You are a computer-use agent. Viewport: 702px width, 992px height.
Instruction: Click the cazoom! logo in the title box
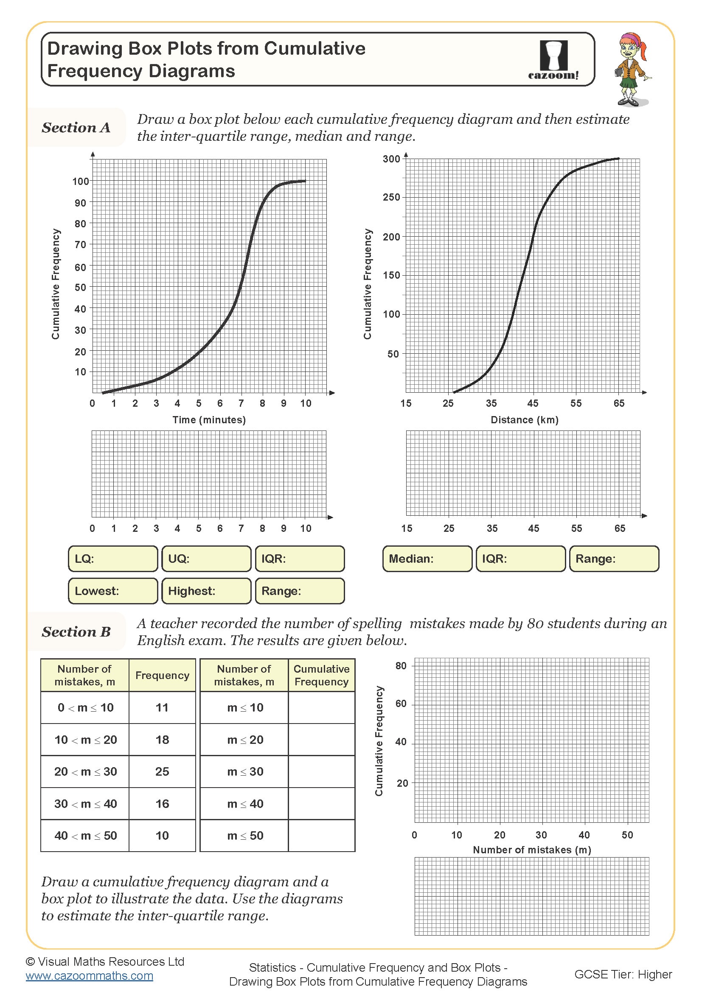click(553, 60)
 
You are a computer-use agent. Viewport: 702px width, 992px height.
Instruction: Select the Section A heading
click(76, 128)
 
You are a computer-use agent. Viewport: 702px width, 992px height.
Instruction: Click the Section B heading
click(76, 632)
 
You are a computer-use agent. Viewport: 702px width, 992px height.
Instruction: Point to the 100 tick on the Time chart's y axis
click(81, 182)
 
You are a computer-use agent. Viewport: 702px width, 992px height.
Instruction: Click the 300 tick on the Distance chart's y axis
click(391, 159)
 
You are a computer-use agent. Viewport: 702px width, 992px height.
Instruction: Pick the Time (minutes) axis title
click(209, 419)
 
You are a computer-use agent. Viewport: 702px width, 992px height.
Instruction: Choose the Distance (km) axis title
click(524, 419)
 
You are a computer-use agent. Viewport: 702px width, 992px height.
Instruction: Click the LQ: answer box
click(113, 559)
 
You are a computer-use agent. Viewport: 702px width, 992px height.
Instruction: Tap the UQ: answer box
click(207, 559)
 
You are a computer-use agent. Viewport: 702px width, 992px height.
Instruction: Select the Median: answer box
click(427, 559)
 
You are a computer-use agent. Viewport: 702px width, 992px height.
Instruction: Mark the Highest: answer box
click(207, 591)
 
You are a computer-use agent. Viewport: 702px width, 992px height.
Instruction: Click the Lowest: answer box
click(113, 591)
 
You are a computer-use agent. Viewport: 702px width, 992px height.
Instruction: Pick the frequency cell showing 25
click(162, 771)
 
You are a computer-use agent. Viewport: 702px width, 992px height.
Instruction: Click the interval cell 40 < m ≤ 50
click(85, 835)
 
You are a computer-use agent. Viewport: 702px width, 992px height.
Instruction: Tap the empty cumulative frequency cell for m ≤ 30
click(322, 771)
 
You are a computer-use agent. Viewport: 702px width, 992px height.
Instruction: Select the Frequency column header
click(162, 675)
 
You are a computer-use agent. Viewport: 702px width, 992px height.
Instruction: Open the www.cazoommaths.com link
click(90, 975)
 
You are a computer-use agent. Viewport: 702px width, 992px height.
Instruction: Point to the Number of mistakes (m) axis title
click(532, 849)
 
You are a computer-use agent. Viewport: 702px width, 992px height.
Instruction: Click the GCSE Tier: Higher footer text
click(623, 974)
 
